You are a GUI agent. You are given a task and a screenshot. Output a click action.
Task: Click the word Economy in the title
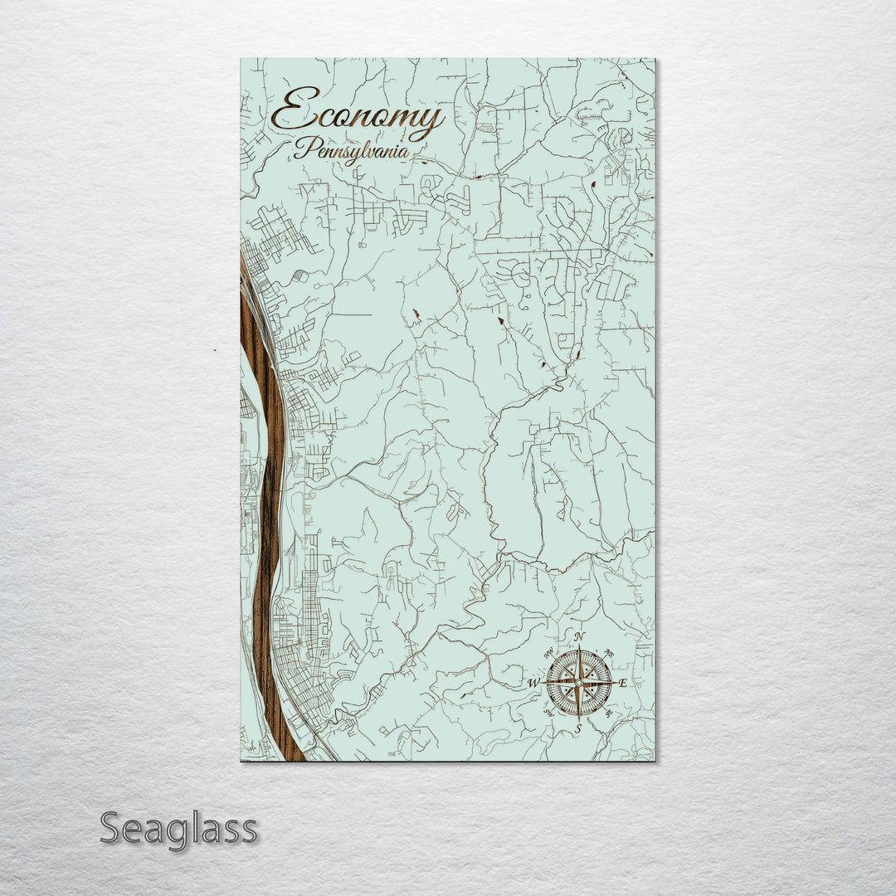pyautogui.click(x=357, y=114)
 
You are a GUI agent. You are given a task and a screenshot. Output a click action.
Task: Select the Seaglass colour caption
pyautogui.click(x=178, y=829)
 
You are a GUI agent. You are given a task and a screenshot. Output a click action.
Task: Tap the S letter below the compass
pyautogui.click(x=579, y=728)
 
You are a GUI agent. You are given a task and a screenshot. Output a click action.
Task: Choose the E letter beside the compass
pyautogui.click(x=623, y=684)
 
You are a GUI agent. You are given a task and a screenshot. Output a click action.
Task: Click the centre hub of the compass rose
pyautogui.click(x=579, y=683)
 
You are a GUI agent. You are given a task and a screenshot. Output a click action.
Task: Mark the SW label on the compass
pyautogui.click(x=548, y=713)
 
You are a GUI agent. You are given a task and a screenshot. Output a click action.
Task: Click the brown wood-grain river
pyautogui.click(x=265, y=498)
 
